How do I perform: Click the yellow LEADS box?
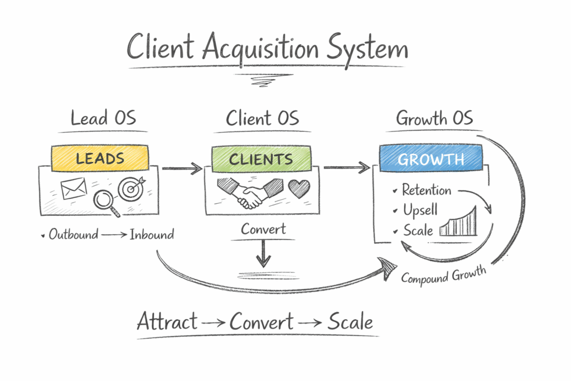(x=100, y=158)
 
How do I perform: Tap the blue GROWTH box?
(x=430, y=158)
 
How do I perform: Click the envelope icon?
(x=74, y=189)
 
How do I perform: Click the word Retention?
(x=427, y=190)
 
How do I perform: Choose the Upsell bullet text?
(x=420, y=210)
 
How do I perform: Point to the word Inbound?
(x=152, y=234)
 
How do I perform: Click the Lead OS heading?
(x=103, y=118)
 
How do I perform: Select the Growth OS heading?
(x=434, y=118)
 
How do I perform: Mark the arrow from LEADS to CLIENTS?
(x=182, y=167)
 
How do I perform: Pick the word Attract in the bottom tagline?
(x=167, y=322)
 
